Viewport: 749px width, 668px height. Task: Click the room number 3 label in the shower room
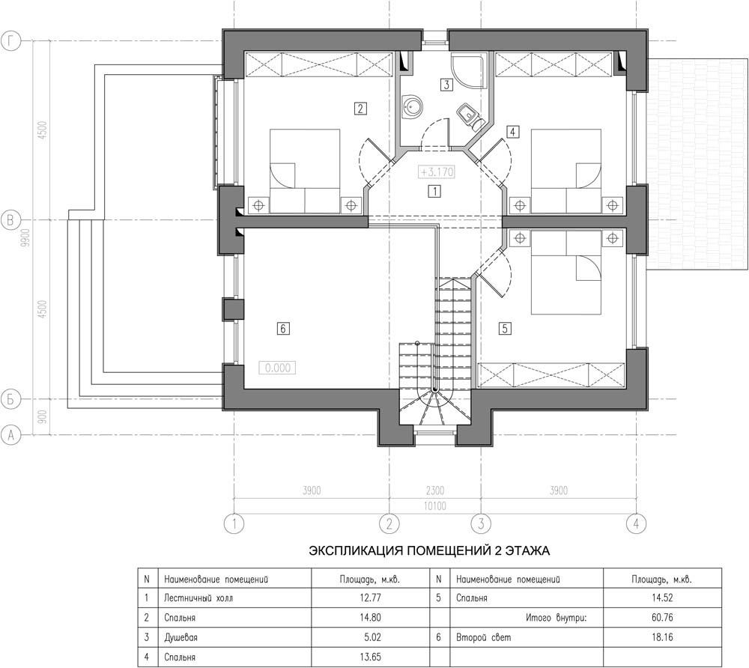pyautogui.click(x=446, y=85)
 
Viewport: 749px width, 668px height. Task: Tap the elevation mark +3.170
pyautogui.click(x=437, y=171)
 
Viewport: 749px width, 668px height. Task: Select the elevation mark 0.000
pyautogui.click(x=278, y=368)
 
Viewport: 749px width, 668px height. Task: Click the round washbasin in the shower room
pyautogui.click(x=412, y=106)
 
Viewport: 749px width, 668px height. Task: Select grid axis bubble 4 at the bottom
pyautogui.click(x=636, y=523)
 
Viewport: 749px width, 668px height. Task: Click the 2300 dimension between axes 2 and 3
pyautogui.click(x=434, y=491)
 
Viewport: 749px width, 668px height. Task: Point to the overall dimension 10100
pyautogui.click(x=434, y=505)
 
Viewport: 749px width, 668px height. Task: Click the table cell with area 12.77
pyautogui.click(x=370, y=598)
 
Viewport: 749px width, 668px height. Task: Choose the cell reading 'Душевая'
pyautogui.click(x=181, y=637)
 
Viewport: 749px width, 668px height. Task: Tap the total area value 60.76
pyautogui.click(x=662, y=617)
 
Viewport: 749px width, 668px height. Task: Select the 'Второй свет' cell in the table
pyautogui.click(x=483, y=637)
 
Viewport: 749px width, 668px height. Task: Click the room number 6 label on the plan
pyautogui.click(x=283, y=329)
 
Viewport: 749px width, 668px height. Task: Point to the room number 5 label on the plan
pyautogui.click(x=505, y=329)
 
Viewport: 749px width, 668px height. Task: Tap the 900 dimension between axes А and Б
pyautogui.click(x=42, y=417)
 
